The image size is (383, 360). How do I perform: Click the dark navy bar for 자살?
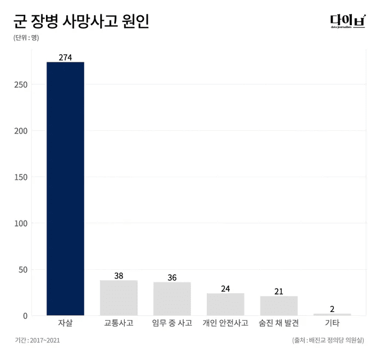pyautogui.click(x=66, y=189)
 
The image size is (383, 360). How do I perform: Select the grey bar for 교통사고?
pyautogui.click(x=119, y=298)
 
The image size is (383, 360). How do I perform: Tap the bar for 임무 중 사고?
pyautogui.click(x=172, y=299)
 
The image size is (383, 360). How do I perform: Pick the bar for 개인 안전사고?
pyautogui.click(x=225, y=304)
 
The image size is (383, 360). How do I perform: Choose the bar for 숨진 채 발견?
pyautogui.click(x=279, y=306)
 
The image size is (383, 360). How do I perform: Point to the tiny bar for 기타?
pyautogui.click(x=332, y=315)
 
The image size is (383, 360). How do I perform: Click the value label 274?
pyautogui.click(x=66, y=57)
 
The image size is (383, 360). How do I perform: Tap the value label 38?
pyautogui.click(x=119, y=276)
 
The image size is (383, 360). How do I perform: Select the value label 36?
pyautogui.click(x=172, y=277)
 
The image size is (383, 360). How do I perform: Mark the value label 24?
pyautogui.click(x=225, y=288)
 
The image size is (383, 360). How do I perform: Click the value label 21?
pyautogui.click(x=279, y=291)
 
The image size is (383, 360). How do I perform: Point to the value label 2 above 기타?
pyautogui.click(x=332, y=309)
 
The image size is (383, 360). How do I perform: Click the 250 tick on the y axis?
pyautogui.click(x=21, y=85)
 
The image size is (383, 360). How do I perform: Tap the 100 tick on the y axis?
pyautogui.click(x=21, y=223)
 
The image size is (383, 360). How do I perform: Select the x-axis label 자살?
pyautogui.click(x=66, y=323)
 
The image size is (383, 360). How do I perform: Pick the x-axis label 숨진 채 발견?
pyautogui.click(x=279, y=323)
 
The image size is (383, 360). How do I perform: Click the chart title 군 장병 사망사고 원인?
pyautogui.click(x=80, y=21)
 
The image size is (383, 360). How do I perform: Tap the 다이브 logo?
pyautogui.click(x=347, y=21)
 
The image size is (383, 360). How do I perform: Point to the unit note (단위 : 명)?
pyautogui.click(x=26, y=38)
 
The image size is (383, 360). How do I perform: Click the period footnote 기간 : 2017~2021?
pyautogui.click(x=37, y=340)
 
